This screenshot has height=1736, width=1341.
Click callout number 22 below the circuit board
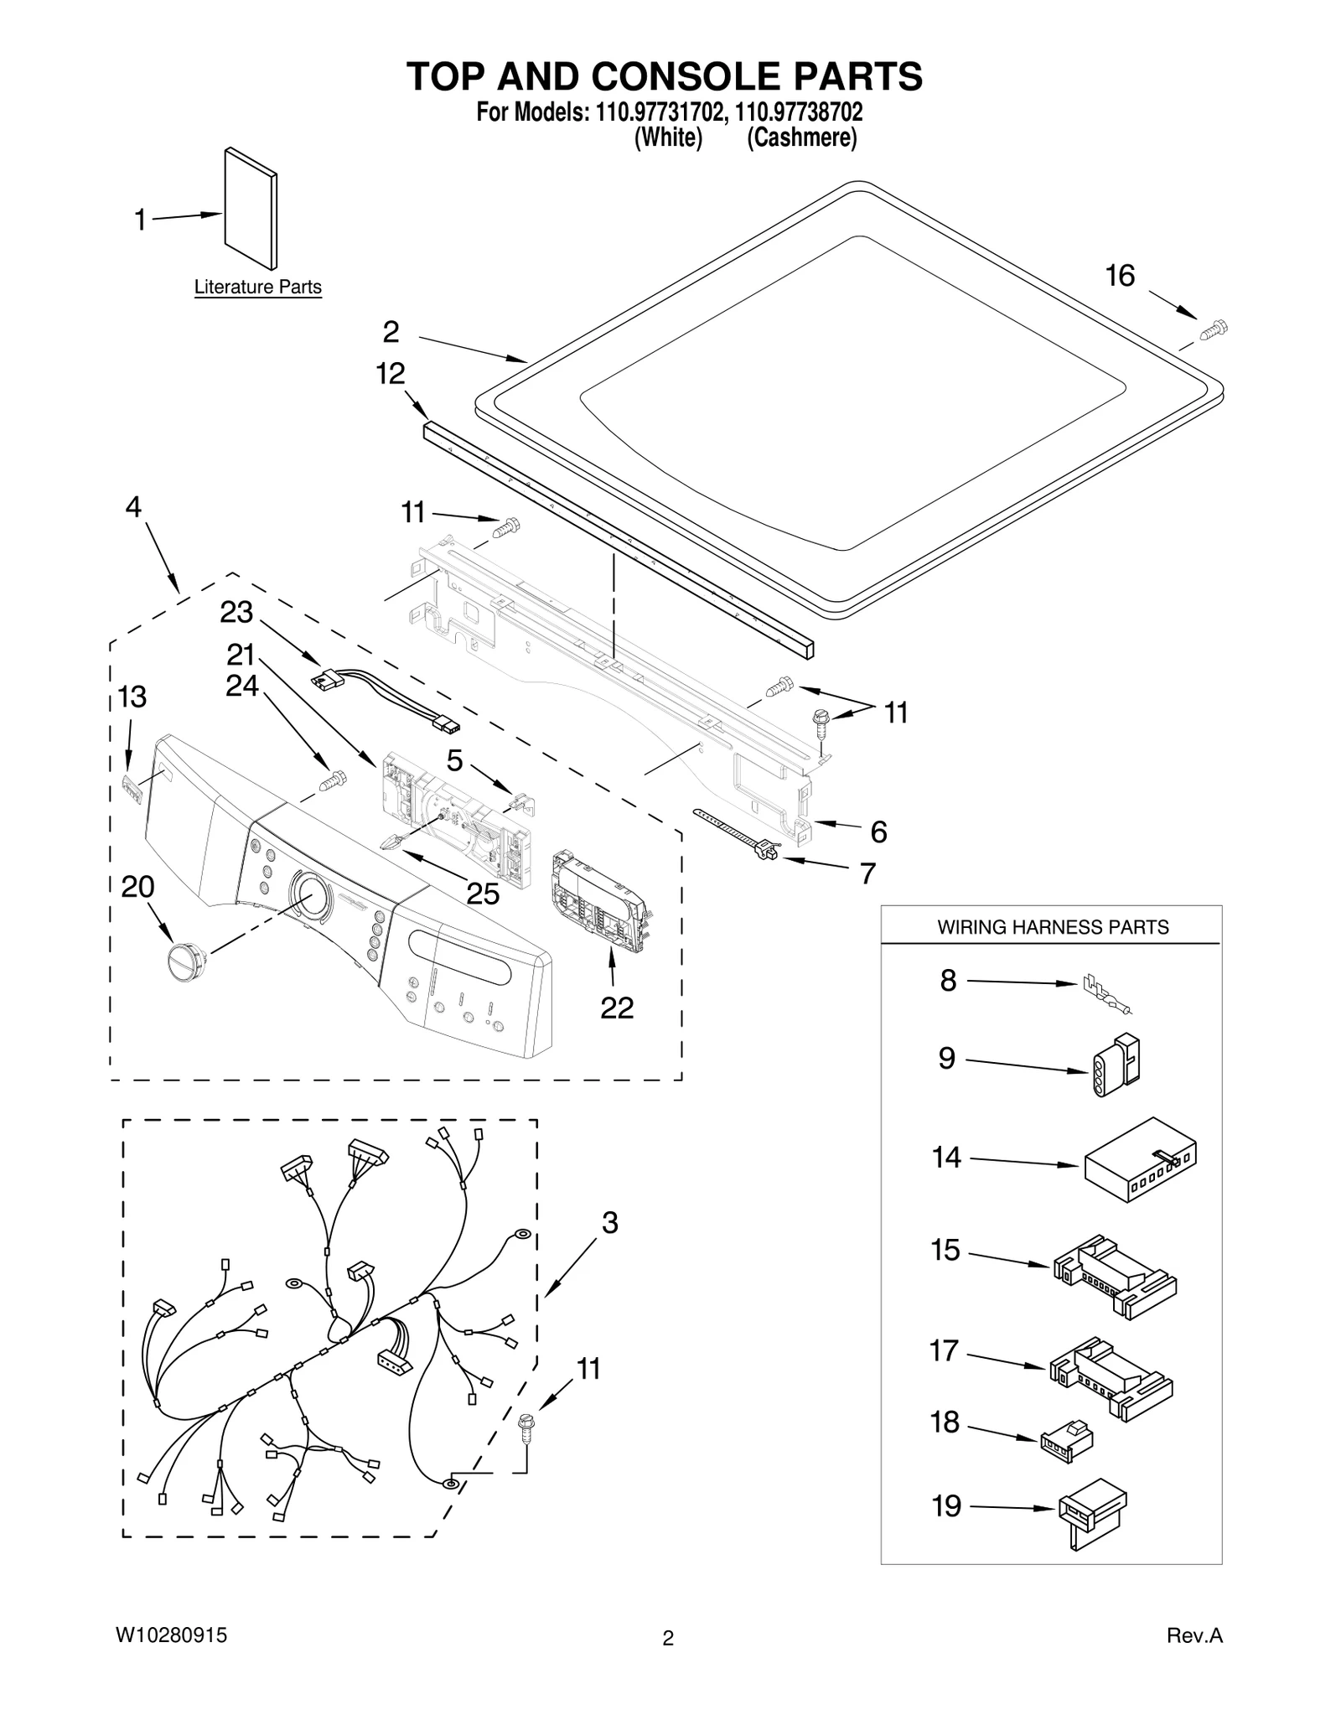pos(617,1008)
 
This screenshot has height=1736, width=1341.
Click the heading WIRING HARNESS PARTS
pos(1052,927)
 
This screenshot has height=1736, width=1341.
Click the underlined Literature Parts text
pos(257,288)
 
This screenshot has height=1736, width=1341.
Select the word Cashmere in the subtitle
pos(801,138)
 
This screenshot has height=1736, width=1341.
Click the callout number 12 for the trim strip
pos(391,374)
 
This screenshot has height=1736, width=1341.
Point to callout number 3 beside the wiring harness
pos(609,1223)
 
